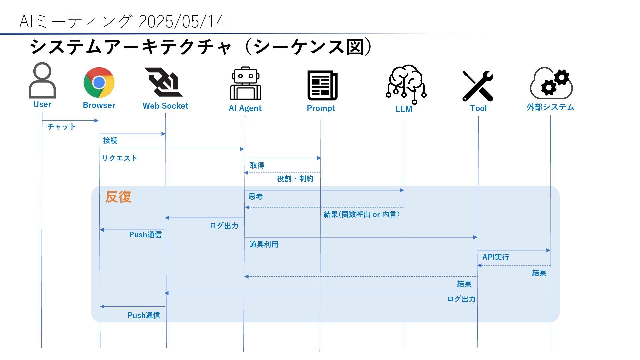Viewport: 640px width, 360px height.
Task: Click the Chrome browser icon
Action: pos(99,83)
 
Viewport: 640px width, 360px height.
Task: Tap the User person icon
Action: pos(42,80)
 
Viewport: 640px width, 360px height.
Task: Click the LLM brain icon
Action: pos(406,84)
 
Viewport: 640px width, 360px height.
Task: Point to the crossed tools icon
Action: pos(478,86)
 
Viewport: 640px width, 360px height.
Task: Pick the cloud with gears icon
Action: pos(551,83)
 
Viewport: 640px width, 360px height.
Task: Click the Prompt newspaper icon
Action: pos(322,85)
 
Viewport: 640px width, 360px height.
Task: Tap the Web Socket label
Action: pos(165,106)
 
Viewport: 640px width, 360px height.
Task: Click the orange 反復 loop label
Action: pos(118,197)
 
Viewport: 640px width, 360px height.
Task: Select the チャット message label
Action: pos(62,127)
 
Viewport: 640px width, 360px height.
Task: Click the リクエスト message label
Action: pos(120,158)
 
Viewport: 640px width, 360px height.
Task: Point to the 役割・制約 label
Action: pos(295,179)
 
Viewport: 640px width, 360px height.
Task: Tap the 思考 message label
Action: pos(256,197)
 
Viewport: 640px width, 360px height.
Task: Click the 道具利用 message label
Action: pos(264,244)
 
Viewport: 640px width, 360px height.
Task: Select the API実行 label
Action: pos(496,257)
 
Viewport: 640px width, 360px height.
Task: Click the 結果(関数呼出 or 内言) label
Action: pos(362,214)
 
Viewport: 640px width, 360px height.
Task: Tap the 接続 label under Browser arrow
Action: pos(110,140)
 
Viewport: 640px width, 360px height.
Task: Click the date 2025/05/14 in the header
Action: pos(181,22)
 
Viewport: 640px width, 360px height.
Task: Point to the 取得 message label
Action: pos(257,165)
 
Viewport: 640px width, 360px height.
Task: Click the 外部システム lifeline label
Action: pos(550,107)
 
